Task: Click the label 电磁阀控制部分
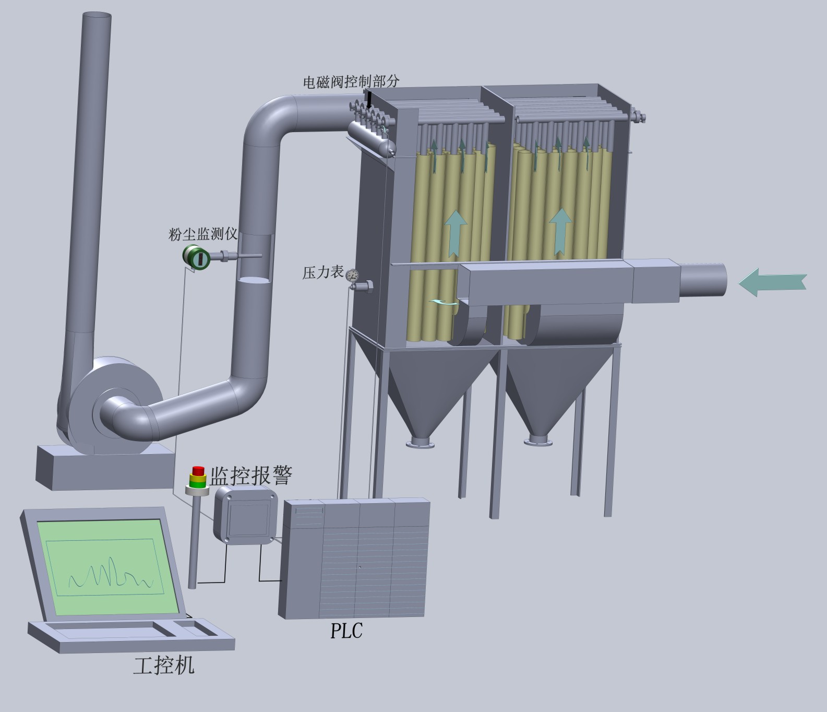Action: [351, 81]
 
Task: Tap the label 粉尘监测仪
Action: [202, 234]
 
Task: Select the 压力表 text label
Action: [322, 272]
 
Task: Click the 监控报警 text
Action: [251, 475]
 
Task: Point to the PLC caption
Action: [346, 631]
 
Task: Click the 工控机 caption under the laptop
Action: [164, 666]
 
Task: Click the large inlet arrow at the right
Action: [772, 282]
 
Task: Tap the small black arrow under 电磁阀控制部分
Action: [369, 100]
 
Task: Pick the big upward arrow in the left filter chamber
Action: [456, 232]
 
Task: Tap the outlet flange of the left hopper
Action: [421, 443]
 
